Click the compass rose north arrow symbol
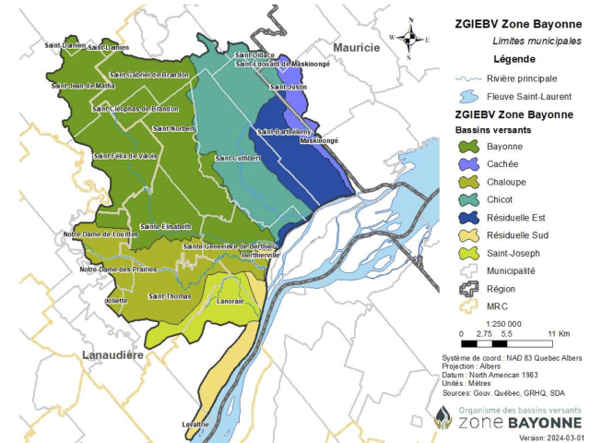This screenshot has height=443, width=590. click(411, 38)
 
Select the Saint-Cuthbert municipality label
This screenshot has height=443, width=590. click(238, 158)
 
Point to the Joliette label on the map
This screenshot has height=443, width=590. click(116, 299)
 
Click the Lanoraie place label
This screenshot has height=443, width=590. click(231, 301)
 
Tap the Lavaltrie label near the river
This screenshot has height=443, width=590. click(195, 424)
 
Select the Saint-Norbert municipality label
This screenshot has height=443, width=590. click(174, 128)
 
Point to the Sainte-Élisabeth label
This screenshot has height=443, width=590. click(165, 226)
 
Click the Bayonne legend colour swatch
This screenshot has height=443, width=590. click(468, 147)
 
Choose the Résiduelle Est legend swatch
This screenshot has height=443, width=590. click(468, 218)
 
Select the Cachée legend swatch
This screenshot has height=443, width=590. click(468, 164)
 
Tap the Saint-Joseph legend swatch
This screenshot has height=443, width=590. click(468, 253)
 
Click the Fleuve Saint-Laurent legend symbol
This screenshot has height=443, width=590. click(468, 96)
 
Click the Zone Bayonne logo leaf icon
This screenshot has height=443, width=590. click(443, 417)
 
